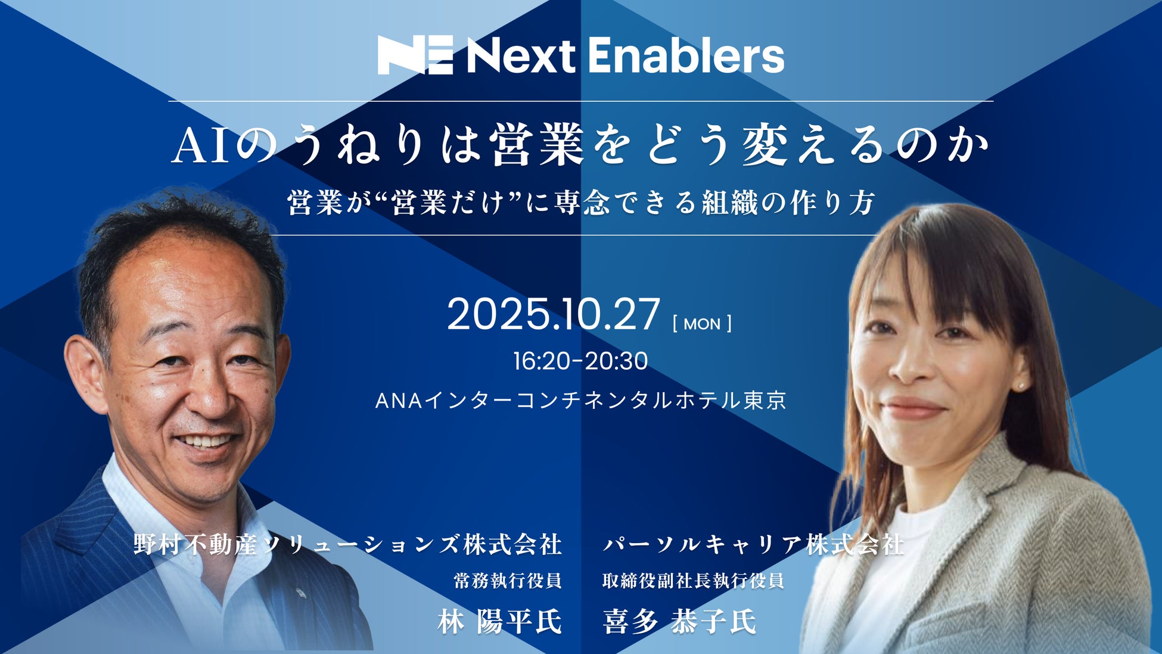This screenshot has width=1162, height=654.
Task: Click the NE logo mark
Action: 415,55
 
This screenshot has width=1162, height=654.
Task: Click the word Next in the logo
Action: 521,56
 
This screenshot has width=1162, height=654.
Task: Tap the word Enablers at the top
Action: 686,55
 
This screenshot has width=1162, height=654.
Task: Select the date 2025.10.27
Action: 554,314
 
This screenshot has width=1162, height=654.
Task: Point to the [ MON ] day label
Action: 702,324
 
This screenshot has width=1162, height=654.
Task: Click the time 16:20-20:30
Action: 581,361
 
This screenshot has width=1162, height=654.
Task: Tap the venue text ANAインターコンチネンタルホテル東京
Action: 581,400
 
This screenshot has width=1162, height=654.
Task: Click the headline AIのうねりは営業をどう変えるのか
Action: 581,146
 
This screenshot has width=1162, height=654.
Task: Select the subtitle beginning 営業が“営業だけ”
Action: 581,203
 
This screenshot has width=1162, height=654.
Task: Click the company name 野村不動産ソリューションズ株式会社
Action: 348,544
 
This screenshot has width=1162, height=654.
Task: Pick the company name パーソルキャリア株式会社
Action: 753,544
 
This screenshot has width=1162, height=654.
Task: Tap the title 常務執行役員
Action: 508,581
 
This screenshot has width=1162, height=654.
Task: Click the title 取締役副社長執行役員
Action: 693,581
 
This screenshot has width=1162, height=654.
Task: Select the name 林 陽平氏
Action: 499,622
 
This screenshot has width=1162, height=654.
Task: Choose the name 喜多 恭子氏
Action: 680,622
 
